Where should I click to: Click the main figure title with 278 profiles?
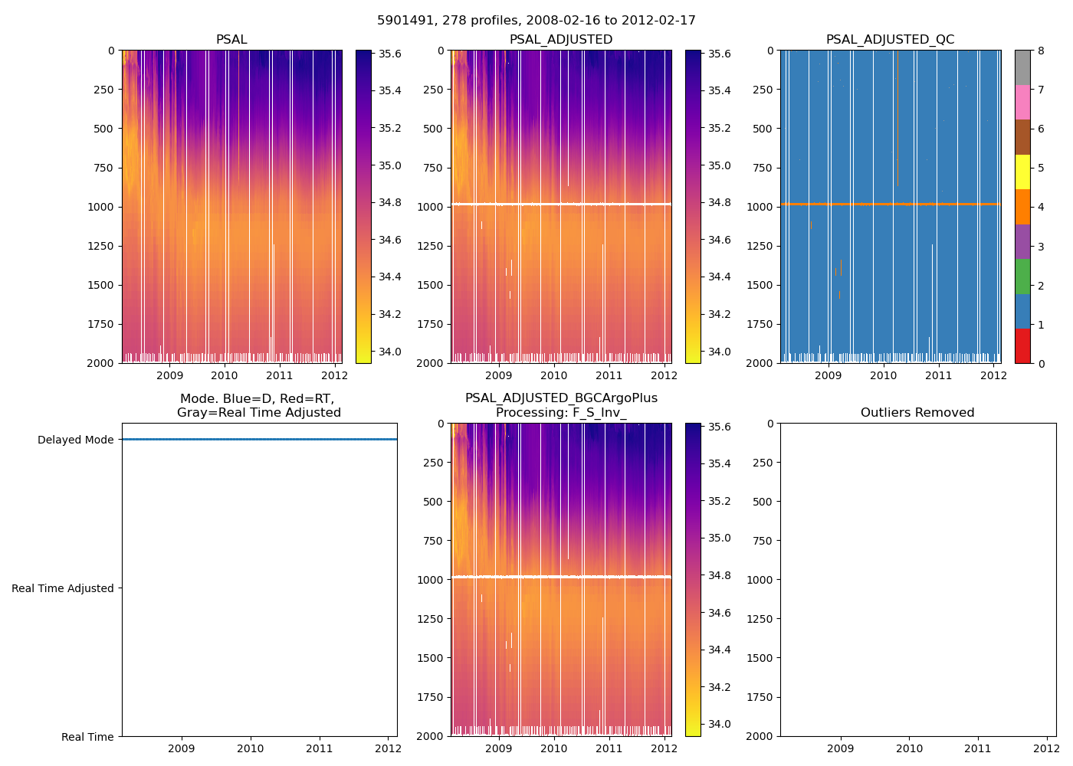point(536,21)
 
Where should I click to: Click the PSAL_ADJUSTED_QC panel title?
point(890,40)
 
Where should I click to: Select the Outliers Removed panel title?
point(917,413)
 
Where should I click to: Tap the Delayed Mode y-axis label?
point(75,440)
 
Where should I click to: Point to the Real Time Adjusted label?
point(63,588)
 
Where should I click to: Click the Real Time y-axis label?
point(87,737)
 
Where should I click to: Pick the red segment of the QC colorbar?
point(1022,345)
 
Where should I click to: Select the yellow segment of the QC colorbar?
point(1022,172)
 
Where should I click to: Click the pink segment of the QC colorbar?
point(1022,102)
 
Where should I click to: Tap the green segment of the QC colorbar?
point(1022,276)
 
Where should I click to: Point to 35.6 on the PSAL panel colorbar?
point(390,54)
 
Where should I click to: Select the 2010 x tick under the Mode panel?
point(251,748)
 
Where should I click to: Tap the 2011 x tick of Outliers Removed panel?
point(978,748)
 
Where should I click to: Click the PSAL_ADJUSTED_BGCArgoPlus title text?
point(561,398)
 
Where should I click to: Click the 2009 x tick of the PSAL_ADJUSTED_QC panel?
point(829,375)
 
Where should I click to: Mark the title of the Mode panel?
point(258,406)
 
